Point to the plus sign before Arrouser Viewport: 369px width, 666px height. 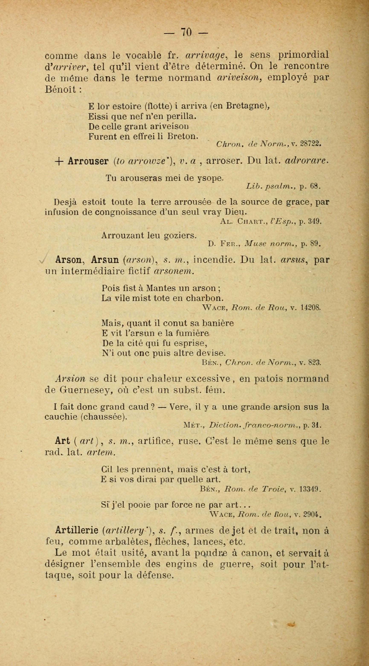[x=59, y=161]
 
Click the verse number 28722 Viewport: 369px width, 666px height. [x=311, y=143]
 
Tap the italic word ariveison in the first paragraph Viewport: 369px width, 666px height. [x=238, y=78]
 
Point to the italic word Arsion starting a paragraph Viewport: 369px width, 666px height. [x=70, y=379]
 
